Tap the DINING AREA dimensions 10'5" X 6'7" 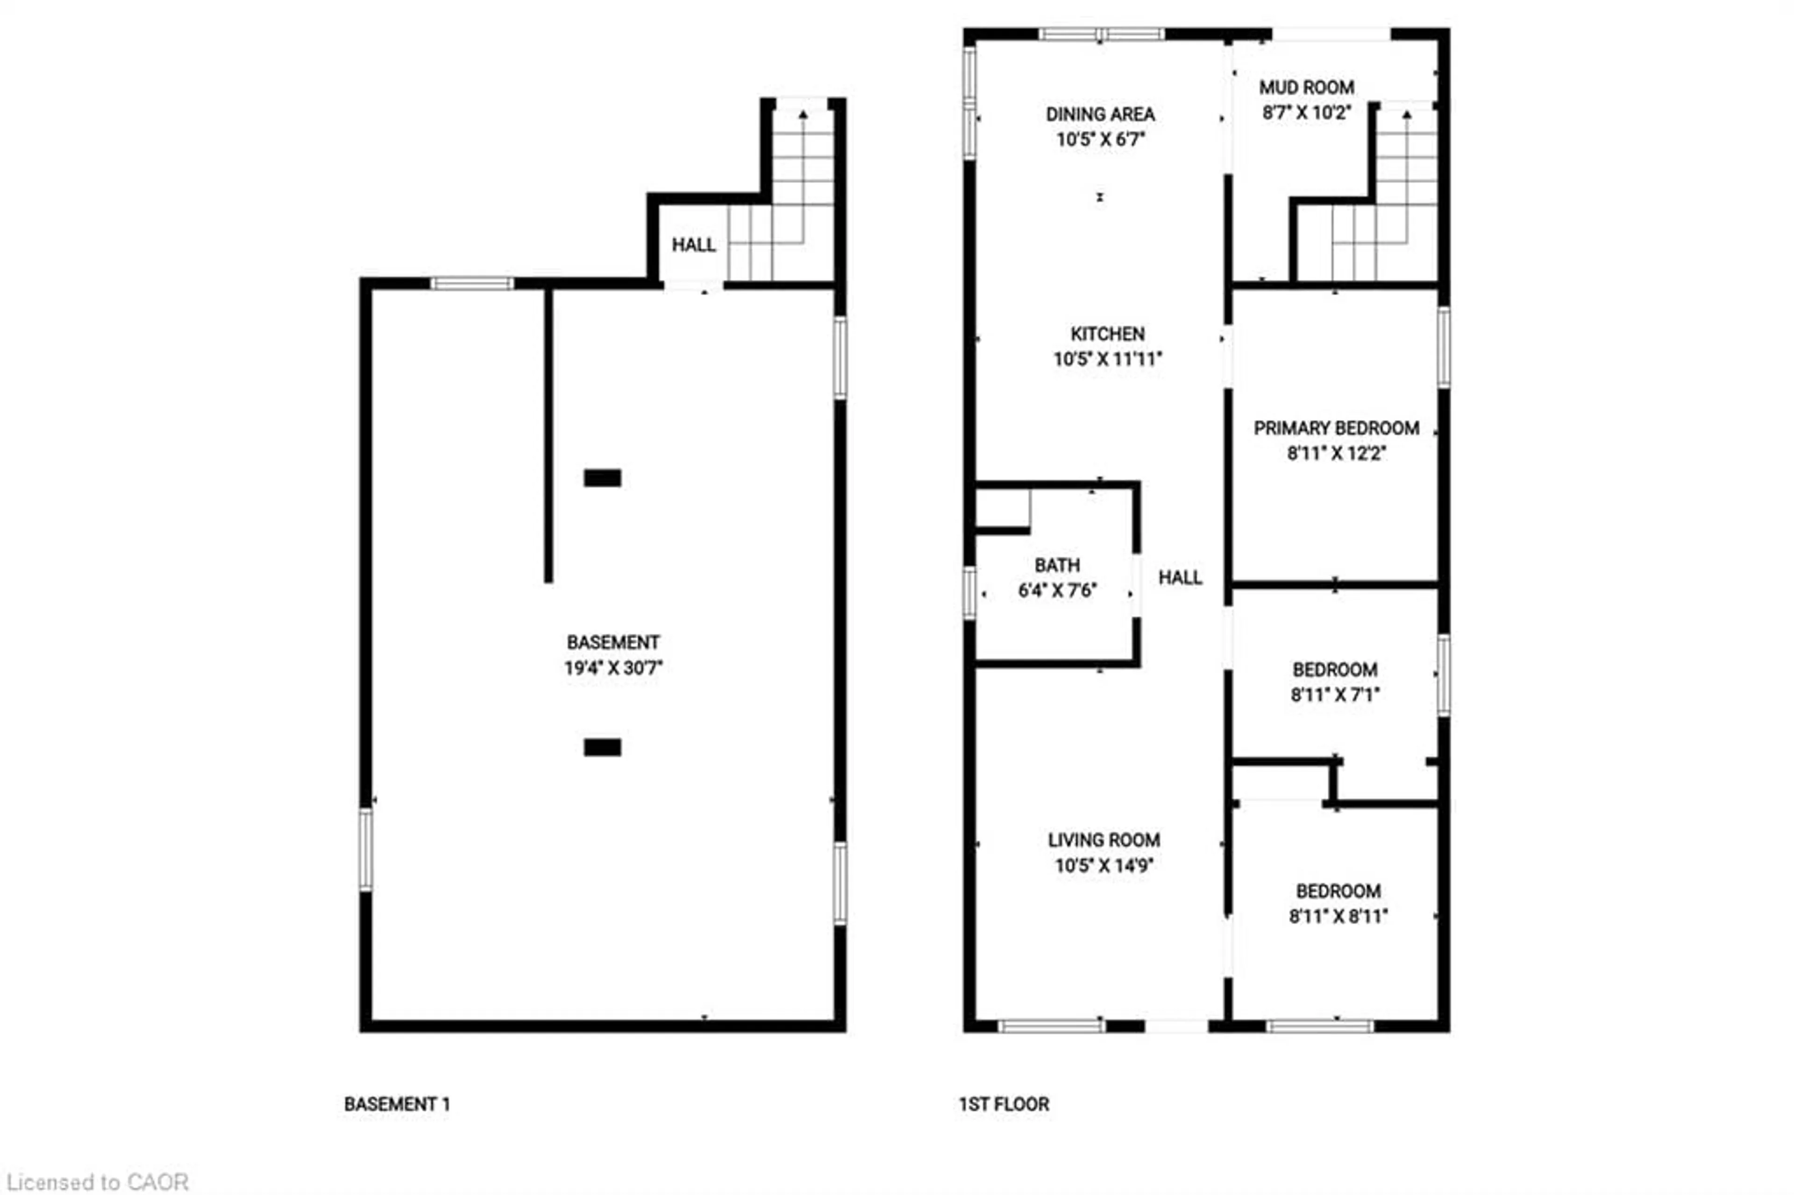[1100, 140]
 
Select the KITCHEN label [1107, 334]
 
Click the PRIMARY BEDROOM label [1336, 428]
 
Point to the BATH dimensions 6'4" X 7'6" [1057, 590]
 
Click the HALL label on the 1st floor [1180, 578]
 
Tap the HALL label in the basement [693, 245]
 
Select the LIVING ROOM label [1103, 840]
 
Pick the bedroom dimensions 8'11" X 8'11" [1338, 916]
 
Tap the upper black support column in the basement [602, 478]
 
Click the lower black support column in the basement [602, 747]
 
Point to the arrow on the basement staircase [803, 115]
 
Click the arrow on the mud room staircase [1406, 115]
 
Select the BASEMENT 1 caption [396, 1104]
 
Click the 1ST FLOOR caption [1003, 1104]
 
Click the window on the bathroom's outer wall [968, 593]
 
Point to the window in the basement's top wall [472, 284]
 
